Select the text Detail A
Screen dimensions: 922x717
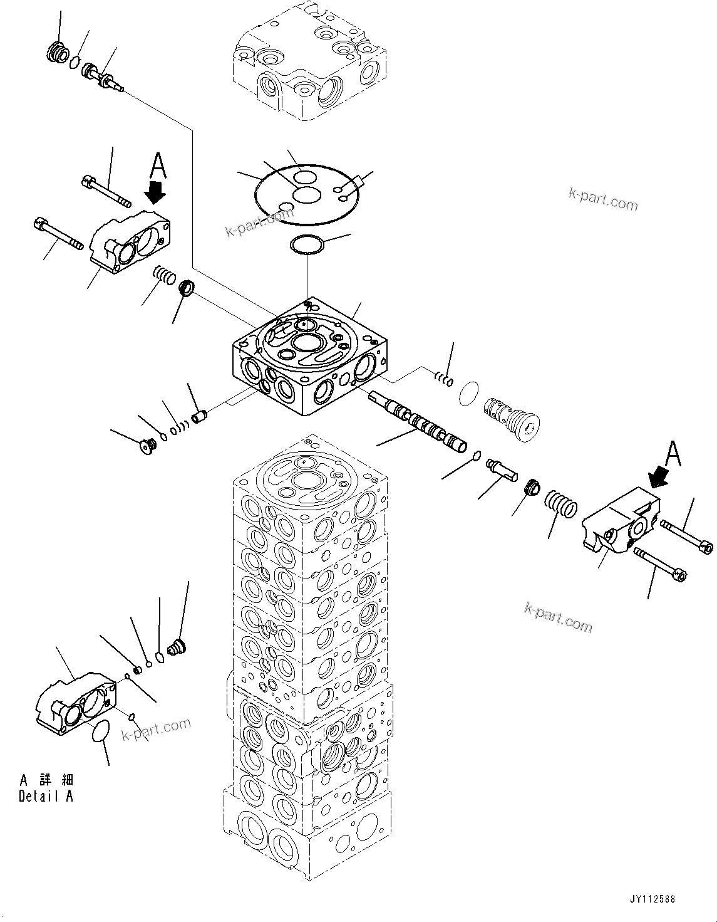pyautogui.click(x=46, y=797)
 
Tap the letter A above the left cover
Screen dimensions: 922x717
pyautogui.click(x=158, y=167)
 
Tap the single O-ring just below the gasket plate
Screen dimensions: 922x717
pyautogui.click(x=307, y=245)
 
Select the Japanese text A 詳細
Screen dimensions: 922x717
pyautogui.click(x=46, y=780)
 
